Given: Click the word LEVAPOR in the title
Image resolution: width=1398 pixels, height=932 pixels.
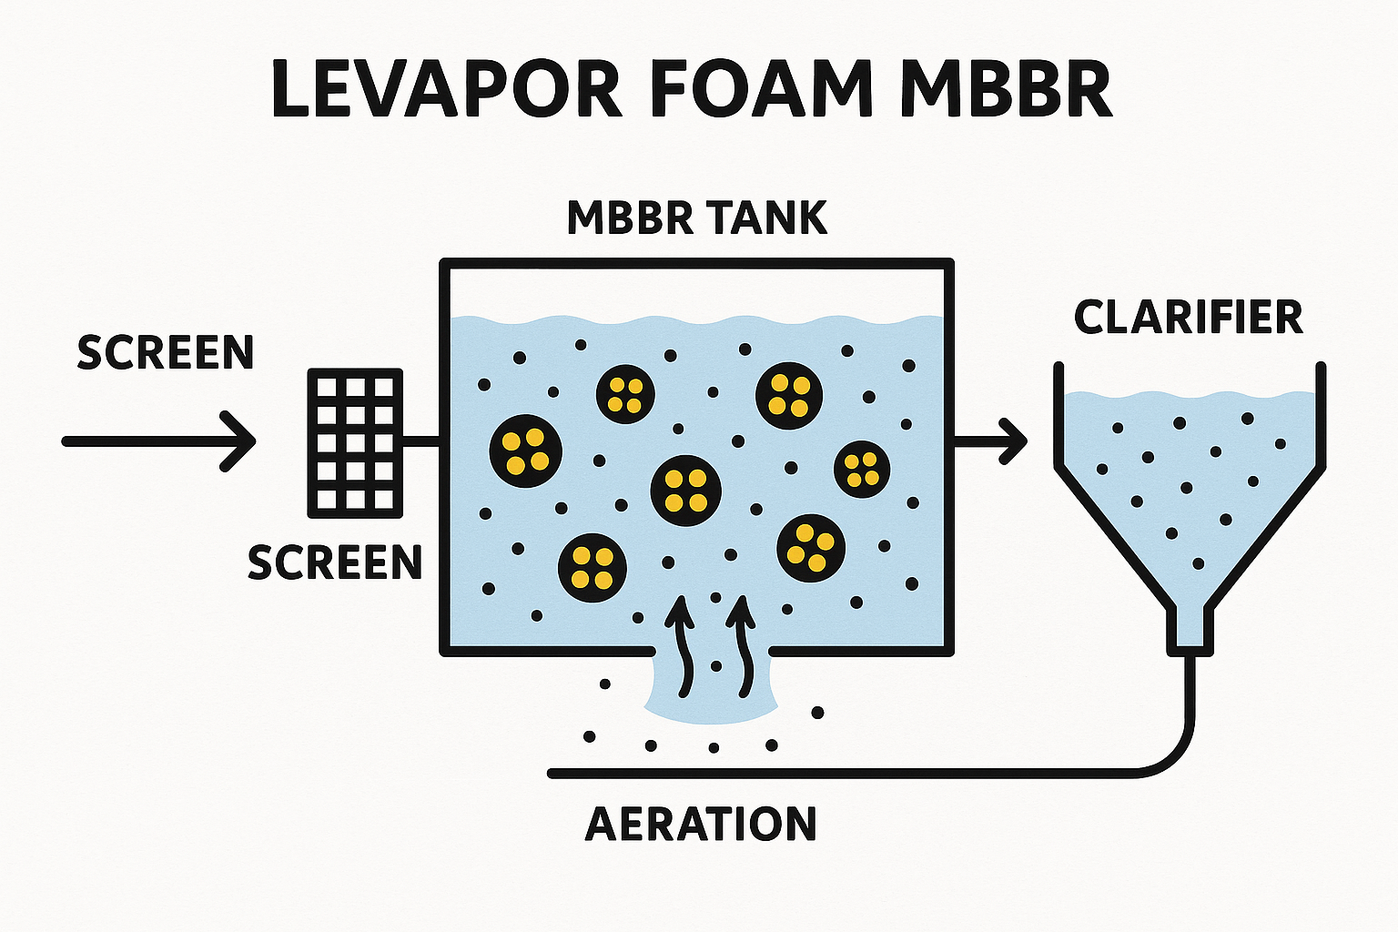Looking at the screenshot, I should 447,90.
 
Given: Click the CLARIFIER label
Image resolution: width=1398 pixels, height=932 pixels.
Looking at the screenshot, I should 1188,318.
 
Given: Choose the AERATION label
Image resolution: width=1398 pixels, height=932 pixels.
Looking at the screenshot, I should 700,825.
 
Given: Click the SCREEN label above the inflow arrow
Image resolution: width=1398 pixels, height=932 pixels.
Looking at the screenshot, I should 165,353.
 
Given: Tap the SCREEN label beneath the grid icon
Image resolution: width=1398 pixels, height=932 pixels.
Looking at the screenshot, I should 335,563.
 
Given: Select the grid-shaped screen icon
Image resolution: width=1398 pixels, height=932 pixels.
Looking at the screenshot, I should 355,443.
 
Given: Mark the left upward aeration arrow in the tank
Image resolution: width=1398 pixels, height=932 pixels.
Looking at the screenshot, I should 680,646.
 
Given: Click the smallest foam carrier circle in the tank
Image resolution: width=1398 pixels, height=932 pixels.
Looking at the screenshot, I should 861,469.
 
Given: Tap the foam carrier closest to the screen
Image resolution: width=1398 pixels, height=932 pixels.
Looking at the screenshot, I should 525,451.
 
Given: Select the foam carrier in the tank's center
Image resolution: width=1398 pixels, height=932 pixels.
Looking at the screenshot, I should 685,491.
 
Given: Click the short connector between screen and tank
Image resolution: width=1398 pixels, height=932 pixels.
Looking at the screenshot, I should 421,443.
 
